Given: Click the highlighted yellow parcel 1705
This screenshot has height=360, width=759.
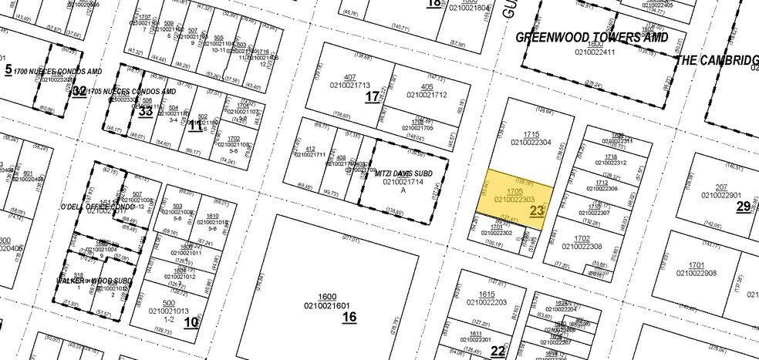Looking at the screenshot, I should pos(515,195).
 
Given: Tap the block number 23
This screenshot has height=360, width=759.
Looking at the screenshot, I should pos(538,209).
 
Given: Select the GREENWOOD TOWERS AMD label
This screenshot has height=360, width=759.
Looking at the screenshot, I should pos(592,36).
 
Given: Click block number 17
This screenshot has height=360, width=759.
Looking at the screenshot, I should pos(373,96).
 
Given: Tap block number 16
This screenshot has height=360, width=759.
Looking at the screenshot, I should pos(349,316).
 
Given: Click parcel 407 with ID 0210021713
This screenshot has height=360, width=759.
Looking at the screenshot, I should pos(350,86).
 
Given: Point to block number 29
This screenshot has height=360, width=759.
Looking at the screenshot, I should pos(743,206).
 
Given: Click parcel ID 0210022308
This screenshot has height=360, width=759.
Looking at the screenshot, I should pos(582,246).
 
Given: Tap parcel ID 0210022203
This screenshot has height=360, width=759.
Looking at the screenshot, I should pos(487,302).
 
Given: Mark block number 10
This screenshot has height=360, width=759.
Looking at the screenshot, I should pos(191,321).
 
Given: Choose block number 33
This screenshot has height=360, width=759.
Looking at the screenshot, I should pos(145,111).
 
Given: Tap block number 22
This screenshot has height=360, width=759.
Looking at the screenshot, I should pos(498,351).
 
